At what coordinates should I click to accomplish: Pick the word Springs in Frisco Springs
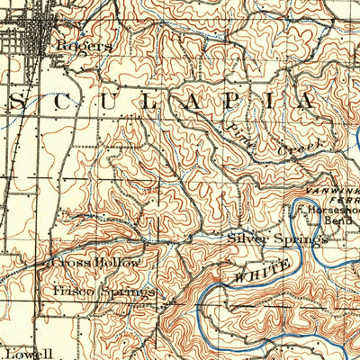tap(130, 292)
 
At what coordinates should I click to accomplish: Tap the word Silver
tap(246, 239)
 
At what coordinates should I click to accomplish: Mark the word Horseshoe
tap(334, 210)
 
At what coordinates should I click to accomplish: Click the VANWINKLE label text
tap(333, 192)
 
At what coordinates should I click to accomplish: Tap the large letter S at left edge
tap(17, 102)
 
